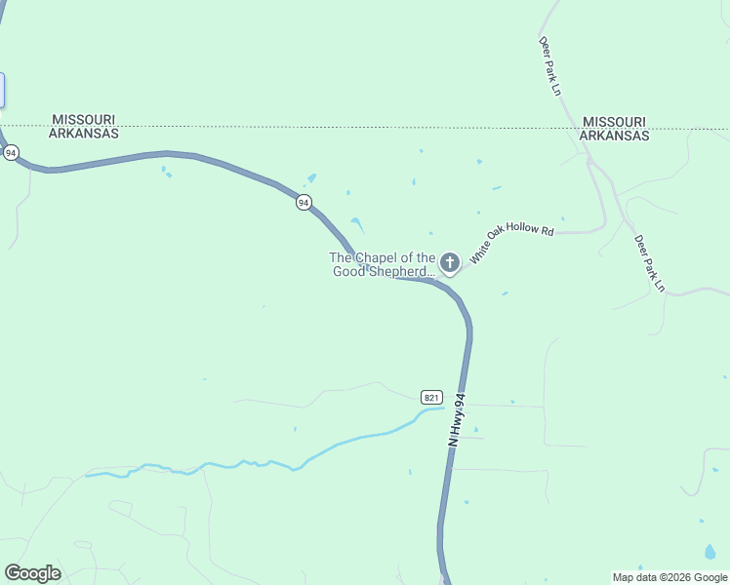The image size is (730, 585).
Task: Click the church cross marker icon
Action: point(450,261)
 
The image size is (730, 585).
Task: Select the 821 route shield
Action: point(432,397)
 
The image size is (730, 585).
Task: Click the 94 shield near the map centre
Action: point(304,203)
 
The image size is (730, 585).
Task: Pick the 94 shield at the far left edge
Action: point(10,153)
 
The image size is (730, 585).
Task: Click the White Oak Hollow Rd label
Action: point(511,245)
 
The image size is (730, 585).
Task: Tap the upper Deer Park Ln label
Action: point(551,66)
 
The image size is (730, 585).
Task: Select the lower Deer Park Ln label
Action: point(649,262)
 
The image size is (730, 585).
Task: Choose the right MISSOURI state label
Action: point(615,122)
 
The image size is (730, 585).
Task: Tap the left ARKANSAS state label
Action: point(85,134)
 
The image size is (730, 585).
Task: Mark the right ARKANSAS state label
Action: point(615,136)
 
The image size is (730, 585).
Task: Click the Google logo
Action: point(32,573)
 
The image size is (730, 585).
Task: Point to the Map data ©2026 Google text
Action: point(670,577)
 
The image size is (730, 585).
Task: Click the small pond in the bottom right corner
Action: point(710,552)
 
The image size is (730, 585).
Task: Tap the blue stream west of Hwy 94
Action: point(244,463)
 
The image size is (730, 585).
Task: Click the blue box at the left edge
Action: point(2,90)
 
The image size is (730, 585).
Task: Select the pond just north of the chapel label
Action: point(357,225)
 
